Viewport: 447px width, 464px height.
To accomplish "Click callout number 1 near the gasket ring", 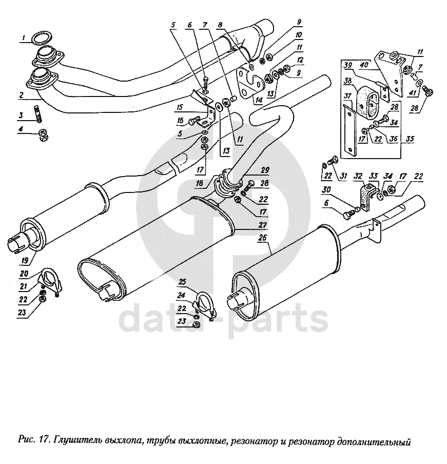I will (23, 36).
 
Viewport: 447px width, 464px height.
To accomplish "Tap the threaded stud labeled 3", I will (38, 113).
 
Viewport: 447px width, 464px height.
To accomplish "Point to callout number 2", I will (22, 94).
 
